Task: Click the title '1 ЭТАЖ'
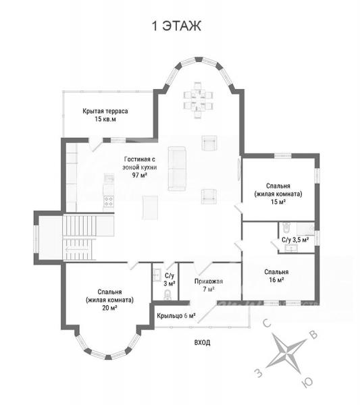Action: coord(177,26)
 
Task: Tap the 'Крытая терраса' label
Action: coord(105,111)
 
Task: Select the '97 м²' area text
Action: coord(140,175)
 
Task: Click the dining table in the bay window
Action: coord(198,100)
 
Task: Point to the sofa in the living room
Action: coord(177,169)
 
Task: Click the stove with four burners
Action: coord(109,201)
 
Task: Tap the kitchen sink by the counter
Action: coord(109,178)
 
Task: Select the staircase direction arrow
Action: coord(78,249)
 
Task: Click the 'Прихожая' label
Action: coord(209,281)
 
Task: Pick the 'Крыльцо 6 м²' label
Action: coord(176,316)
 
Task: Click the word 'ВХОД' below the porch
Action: coord(202,342)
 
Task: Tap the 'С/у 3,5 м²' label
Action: coord(295,240)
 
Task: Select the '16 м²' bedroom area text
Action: coord(276,279)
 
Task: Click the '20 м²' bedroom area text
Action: coord(109,308)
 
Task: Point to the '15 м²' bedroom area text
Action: coord(278,201)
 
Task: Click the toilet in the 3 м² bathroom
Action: coord(168,295)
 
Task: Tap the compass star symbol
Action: coord(286,353)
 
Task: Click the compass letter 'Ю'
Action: coord(307,382)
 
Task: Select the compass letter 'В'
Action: coord(313,335)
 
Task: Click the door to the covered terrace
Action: coord(95,144)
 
